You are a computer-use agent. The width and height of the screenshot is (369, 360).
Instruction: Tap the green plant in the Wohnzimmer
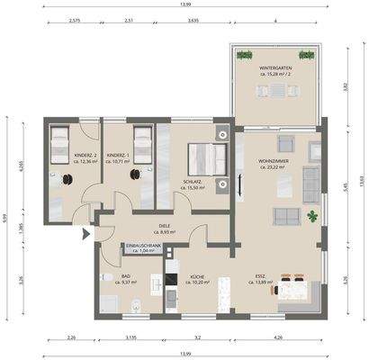tap(311, 216)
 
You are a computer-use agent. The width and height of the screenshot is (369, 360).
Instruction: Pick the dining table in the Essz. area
tap(293, 288)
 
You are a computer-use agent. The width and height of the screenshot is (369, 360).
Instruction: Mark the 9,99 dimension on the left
tap(5, 216)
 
